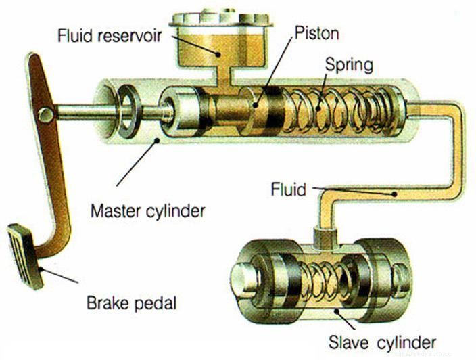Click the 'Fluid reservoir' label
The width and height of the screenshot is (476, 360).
click(x=108, y=34)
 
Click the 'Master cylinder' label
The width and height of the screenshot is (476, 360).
click(x=147, y=210)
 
